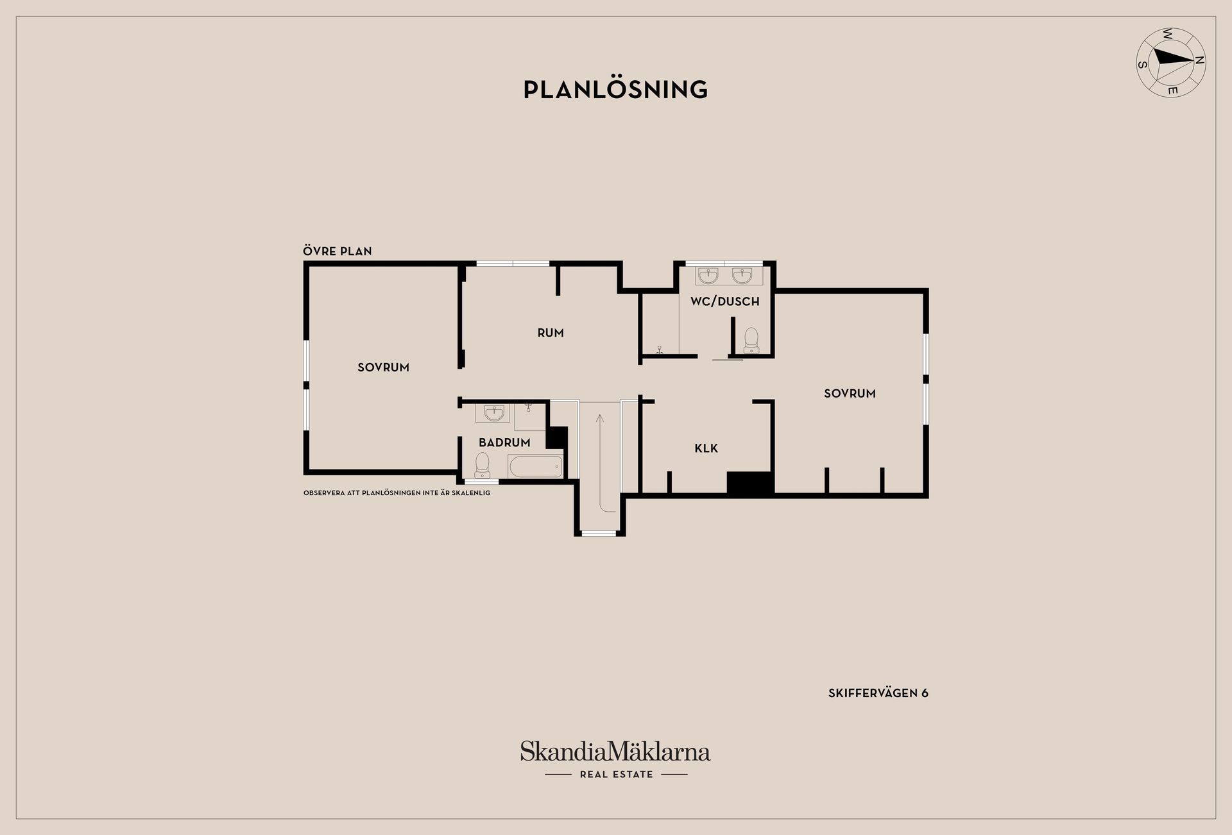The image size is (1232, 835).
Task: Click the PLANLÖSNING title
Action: [615, 89]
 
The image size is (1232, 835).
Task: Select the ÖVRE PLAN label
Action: [338, 251]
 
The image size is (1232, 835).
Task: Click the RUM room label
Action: [551, 333]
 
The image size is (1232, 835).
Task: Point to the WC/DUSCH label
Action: [725, 301]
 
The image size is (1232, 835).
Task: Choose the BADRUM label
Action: [504, 443]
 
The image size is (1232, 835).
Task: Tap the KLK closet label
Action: [706, 448]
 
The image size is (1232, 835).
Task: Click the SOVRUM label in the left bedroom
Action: [383, 367]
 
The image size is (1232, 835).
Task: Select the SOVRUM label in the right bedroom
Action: [850, 394]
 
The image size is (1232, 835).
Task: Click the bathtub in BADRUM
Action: [536, 467]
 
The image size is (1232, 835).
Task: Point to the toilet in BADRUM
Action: [483, 465]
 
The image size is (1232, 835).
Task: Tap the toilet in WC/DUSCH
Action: [751, 341]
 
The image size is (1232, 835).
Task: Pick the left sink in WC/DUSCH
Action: [708, 276]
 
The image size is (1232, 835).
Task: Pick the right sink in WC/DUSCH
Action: [742, 276]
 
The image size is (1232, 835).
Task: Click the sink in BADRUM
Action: [494, 414]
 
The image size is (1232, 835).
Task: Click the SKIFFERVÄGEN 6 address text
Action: [878, 693]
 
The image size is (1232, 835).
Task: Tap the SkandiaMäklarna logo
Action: [615, 751]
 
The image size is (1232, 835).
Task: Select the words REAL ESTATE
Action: [616, 775]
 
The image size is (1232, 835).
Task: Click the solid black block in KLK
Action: [749, 483]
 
